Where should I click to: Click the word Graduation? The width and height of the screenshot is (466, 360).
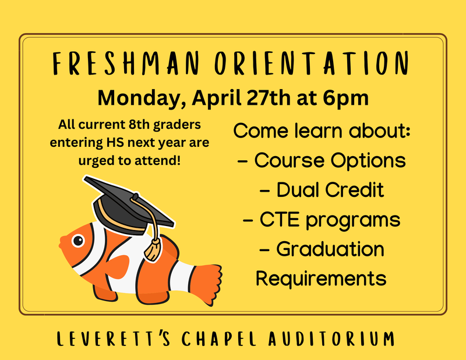coord(330,249)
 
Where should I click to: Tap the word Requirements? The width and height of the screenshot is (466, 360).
coord(321,278)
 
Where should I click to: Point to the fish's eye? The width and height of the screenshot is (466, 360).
coord(77,239)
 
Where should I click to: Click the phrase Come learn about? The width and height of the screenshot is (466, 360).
coord(322,130)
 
